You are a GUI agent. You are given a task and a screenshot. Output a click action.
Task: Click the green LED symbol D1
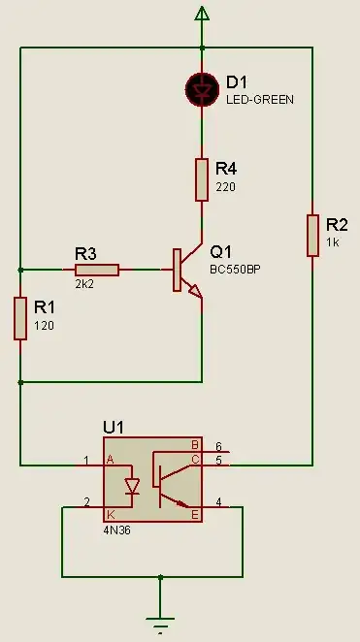[x=202, y=89]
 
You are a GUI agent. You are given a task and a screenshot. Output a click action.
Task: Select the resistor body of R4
[x=202, y=179]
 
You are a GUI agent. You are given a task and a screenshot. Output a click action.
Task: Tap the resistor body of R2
[x=312, y=236]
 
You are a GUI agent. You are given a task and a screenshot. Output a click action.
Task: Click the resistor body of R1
[x=20, y=319]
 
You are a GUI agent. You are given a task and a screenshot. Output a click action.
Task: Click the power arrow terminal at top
[x=202, y=13]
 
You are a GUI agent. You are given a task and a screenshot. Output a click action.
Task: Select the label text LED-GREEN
[x=259, y=100]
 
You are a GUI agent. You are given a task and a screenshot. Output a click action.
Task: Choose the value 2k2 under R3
[x=83, y=286]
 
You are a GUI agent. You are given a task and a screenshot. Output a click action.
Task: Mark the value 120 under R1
[x=45, y=326]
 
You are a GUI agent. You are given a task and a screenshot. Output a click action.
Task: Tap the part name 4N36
[x=116, y=531]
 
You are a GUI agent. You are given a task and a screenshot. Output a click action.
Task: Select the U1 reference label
[x=115, y=428]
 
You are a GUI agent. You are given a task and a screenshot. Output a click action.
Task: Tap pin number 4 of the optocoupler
[x=218, y=501]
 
